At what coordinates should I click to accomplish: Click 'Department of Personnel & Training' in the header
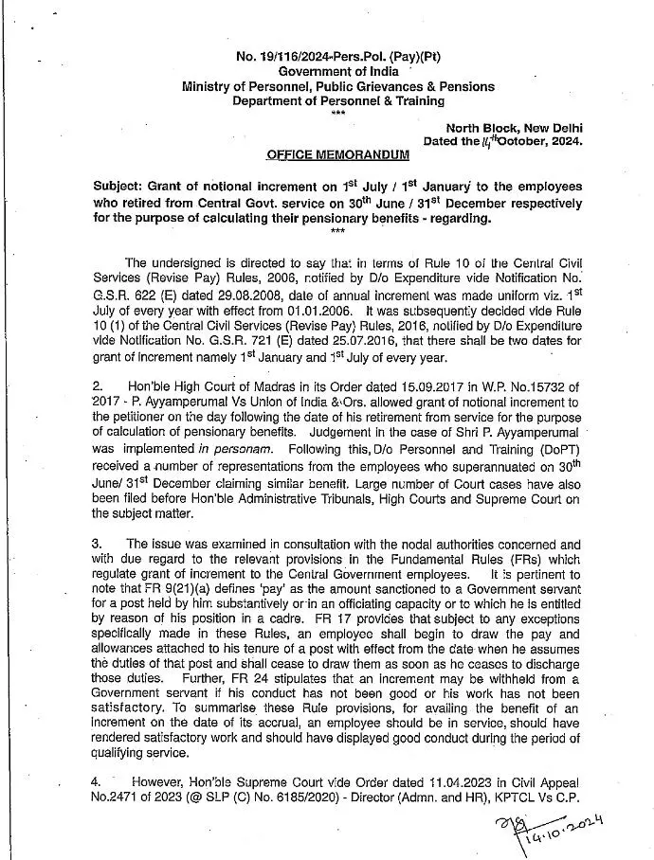tap(338, 100)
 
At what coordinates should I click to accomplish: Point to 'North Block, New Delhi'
tap(515, 127)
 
